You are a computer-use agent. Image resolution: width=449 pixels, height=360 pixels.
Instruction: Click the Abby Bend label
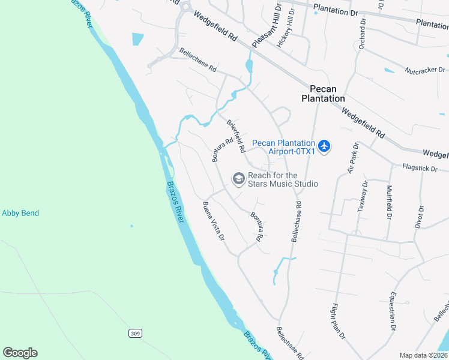20,213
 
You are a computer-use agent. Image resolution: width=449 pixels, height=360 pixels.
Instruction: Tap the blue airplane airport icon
324,146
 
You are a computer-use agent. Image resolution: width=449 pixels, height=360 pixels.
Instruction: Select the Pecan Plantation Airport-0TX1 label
283,147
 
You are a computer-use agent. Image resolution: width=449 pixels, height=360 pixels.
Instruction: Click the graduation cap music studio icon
238,179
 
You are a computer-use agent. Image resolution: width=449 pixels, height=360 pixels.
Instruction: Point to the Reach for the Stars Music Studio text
282,179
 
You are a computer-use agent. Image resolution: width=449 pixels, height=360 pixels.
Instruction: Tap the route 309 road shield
134,332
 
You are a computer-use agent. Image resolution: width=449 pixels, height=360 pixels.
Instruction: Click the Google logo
20,353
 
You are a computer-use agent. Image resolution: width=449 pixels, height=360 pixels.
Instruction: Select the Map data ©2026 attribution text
423,355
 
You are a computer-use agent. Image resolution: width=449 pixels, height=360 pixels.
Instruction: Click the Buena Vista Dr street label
214,221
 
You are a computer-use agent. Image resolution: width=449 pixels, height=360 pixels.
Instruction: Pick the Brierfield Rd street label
236,135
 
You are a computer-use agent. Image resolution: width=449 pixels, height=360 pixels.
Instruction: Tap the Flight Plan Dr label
338,321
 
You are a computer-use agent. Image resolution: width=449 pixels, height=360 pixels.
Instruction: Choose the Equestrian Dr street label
393,311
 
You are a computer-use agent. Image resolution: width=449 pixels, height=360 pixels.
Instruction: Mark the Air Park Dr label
352,158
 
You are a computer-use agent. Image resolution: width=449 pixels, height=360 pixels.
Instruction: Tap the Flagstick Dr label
420,169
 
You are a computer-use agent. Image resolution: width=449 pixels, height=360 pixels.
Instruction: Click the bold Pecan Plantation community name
323,93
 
